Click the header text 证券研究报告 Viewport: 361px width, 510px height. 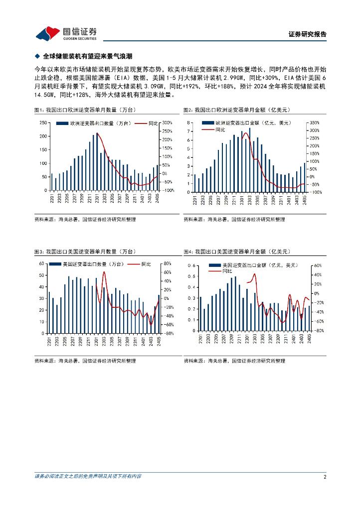[x=308, y=34]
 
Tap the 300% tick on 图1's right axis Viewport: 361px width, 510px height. [x=167, y=123]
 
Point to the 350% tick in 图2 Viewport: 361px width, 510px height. [x=315, y=123]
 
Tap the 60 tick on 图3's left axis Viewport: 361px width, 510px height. [x=42, y=263]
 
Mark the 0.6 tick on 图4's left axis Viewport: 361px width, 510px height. [x=191, y=266]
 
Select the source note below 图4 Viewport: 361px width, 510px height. [x=234, y=361]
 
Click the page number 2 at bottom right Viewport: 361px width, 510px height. [x=325, y=477]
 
